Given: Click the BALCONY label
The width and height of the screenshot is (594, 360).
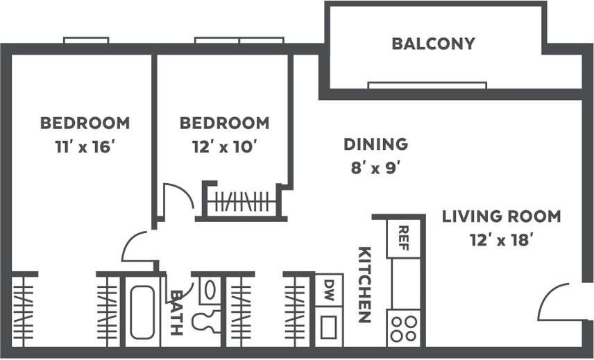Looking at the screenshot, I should (x=433, y=44).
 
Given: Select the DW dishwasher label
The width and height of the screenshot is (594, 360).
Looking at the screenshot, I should (x=328, y=287).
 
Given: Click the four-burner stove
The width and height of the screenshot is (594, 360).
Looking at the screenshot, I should (x=404, y=327).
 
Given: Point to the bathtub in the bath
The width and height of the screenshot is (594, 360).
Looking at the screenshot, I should (x=142, y=312).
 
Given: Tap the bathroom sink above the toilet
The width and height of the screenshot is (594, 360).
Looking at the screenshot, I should (x=209, y=289).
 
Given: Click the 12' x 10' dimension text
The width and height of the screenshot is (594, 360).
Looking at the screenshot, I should (x=224, y=146).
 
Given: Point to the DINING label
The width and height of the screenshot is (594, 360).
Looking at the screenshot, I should (x=375, y=144).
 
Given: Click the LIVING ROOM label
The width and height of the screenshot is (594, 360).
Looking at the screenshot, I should (x=501, y=216).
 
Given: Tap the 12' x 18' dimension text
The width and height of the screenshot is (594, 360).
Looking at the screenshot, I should (x=501, y=239).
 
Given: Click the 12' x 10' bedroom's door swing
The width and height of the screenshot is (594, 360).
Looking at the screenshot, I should (x=176, y=198).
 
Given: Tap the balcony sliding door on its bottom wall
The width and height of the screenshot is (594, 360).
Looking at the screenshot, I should (x=427, y=85).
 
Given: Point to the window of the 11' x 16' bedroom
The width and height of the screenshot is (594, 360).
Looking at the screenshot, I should (x=86, y=40).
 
